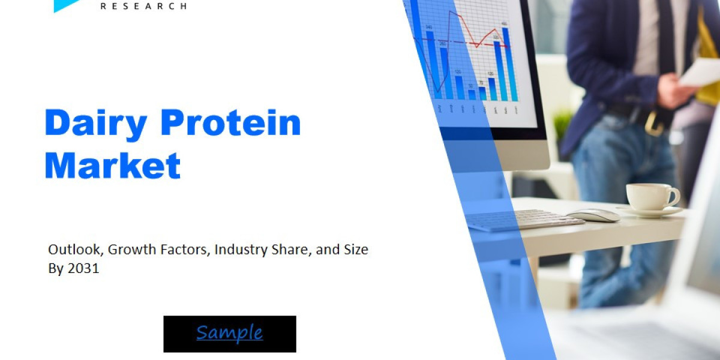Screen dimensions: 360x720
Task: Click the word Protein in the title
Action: coord(230,123)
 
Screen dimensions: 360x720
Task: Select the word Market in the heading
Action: coord(112,165)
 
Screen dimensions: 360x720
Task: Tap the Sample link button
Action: coord(229,333)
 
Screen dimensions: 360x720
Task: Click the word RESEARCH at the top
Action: coord(143,6)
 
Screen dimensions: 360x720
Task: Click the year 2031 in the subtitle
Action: coord(83,269)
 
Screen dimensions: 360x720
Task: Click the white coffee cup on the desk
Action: coord(650,196)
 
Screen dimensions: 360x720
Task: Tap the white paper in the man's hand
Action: coord(701,72)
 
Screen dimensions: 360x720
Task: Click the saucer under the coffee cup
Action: coord(651,211)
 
